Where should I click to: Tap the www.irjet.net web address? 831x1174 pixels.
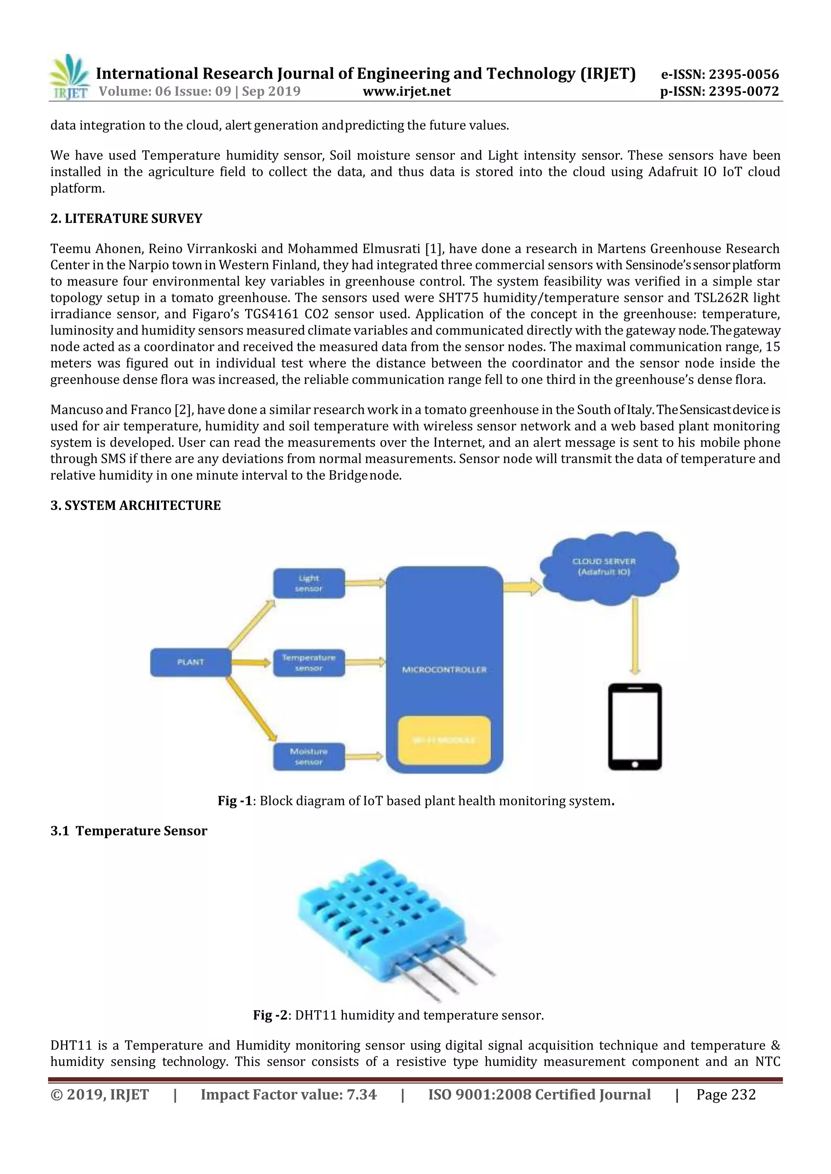pyautogui.click(x=407, y=92)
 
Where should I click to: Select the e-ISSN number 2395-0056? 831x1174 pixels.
pyautogui.click(x=720, y=75)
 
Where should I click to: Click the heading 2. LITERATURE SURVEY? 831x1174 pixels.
pyautogui.click(x=126, y=219)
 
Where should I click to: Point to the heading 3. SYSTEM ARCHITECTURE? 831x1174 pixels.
pyautogui.click(x=136, y=506)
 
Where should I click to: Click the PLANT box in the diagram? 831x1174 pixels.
pyautogui.click(x=190, y=662)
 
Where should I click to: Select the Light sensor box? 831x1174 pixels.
pyautogui.click(x=308, y=583)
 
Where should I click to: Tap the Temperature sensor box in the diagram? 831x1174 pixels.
pyautogui.click(x=308, y=663)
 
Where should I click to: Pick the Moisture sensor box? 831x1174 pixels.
pyautogui.click(x=308, y=757)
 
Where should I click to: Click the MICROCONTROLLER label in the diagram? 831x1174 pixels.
pyautogui.click(x=444, y=670)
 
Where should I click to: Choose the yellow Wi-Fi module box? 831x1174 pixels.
pyautogui.click(x=444, y=740)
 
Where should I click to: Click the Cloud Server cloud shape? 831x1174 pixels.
pyautogui.click(x=609, y=568)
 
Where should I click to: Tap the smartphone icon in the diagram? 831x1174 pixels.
pyautogui.click(x=635, y=726)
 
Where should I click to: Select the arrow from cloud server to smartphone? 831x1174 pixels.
pyautogui.click(x=635, y=636)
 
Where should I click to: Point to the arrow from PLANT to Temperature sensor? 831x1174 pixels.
pyautogui.click(x=251, y=663)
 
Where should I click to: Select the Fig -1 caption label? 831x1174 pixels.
pyautogui.click(x=235, y=801)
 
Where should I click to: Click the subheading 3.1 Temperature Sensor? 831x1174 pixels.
pyautogui.click(x=129, y=831)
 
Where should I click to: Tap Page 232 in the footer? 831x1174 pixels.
pyautogui.click(x=726, y=1095)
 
